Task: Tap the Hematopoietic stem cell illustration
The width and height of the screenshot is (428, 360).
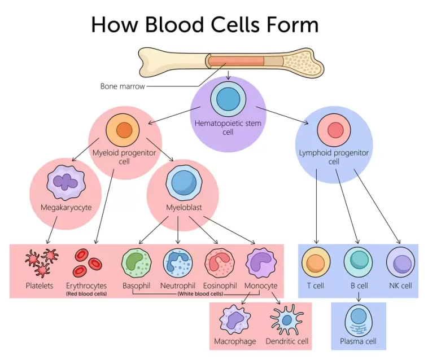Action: pos(228,99)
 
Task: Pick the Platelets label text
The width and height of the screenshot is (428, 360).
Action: pos(40,286)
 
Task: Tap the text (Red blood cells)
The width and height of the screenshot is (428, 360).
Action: pos(86,294)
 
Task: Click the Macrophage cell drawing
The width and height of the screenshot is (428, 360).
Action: pos(235,321)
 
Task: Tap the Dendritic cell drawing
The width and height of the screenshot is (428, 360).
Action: pos(287,321)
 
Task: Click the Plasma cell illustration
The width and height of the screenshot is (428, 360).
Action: pos(358,321)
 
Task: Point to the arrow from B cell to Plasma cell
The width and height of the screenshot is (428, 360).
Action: pos(358,296)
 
